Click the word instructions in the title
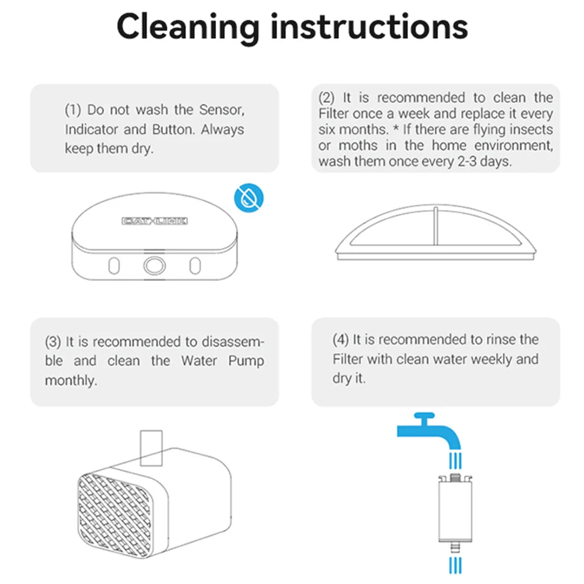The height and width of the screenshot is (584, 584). pyautogui.click(x=369, y=26)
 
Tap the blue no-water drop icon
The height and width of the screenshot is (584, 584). pyautogui.click(x=249, y=198)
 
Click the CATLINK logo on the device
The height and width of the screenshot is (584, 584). pyautogui.click(x=155, y=221)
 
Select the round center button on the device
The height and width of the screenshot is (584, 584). pyautogui.click(x=154, y=265)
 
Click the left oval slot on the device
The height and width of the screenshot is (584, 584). pyautogui.click(x=114, y=266)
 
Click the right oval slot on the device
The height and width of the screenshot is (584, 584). pyautogui.click(x=195, y=266)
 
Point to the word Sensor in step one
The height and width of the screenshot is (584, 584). pyautogui.click(x=222, y=110)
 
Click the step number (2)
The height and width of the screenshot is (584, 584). pyautogui.click(x=326, y=98)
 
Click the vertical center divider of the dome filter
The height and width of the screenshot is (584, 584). pyautogui.click(x=435, y=226)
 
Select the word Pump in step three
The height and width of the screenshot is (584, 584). pyautogui.click(x=246, y=361)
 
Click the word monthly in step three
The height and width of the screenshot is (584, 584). pyautogui.click(x=71, y=380)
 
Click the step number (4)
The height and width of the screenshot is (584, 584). pyautogui.click(x=340, y=340)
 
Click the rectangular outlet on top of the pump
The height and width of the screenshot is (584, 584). pyautogui.click(x=151, y=448)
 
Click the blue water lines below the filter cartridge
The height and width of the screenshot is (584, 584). pyautogui.click(x=455, y=565)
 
